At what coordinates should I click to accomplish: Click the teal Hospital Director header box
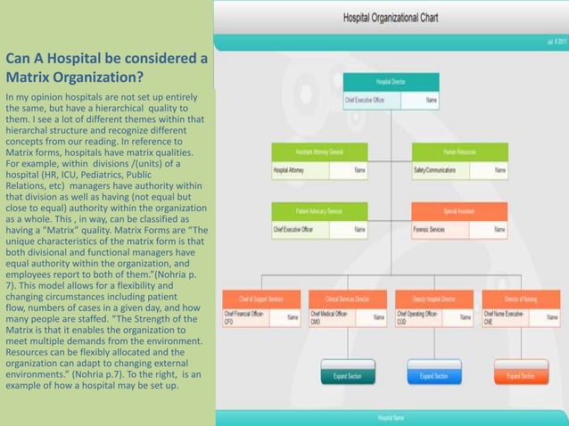(391, 81)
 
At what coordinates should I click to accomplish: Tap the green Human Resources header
(459, 152)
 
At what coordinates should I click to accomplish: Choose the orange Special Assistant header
(459, 211)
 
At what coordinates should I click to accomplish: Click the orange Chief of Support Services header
(260, 299)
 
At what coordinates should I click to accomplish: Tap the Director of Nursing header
(521, 299)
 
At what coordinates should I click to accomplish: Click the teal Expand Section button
(348, 376)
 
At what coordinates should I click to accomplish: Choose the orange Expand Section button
(521, 376)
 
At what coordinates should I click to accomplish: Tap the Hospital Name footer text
(391, 417)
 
